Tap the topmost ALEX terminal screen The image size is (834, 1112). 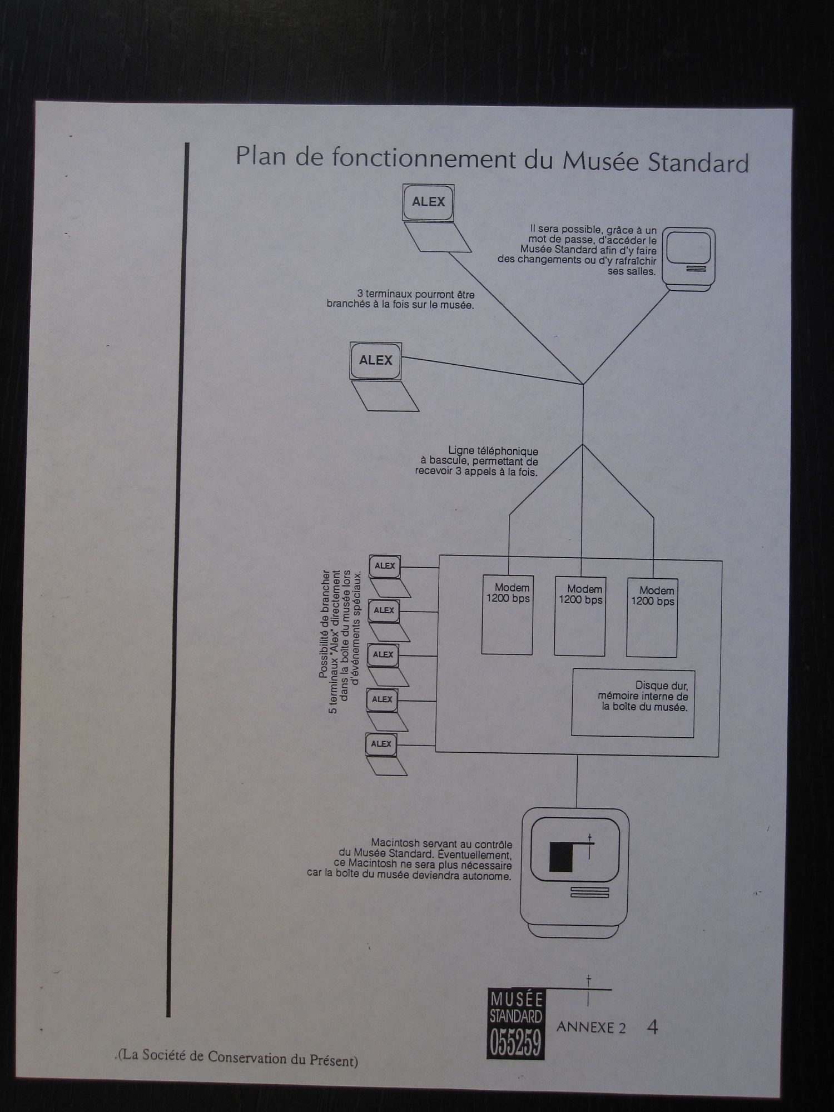pos(428,202)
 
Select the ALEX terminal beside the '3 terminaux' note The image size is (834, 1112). pos(376,361)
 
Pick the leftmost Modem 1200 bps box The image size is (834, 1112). pos(507,614)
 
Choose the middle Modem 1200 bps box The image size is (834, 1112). pos(579,616)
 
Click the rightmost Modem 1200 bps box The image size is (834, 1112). pos(652,617)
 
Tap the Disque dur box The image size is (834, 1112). pos(633,702)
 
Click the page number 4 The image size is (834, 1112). pos(653,1026)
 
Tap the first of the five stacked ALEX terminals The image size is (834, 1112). pos(385,566)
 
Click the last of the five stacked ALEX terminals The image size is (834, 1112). pos(381,744)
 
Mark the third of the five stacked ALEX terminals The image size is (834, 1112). pos(383,655)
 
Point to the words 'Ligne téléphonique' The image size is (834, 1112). pos(493,451)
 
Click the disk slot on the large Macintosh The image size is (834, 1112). pos(589,893)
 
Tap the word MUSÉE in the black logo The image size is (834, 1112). pos(515,999)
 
